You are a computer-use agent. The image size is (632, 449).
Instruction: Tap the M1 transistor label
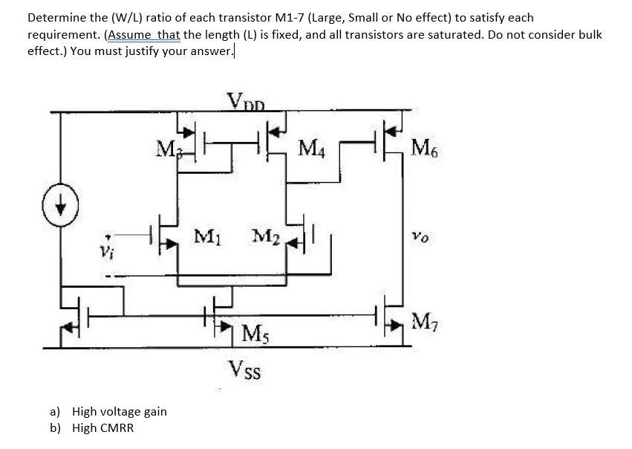(206, 239)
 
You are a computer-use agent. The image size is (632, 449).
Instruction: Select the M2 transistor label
(265, 238)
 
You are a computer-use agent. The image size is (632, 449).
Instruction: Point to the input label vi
(104, 248)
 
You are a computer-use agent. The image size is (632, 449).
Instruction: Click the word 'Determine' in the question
(54, 17)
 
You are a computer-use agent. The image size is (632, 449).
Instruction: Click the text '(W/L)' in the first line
(126, 17)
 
